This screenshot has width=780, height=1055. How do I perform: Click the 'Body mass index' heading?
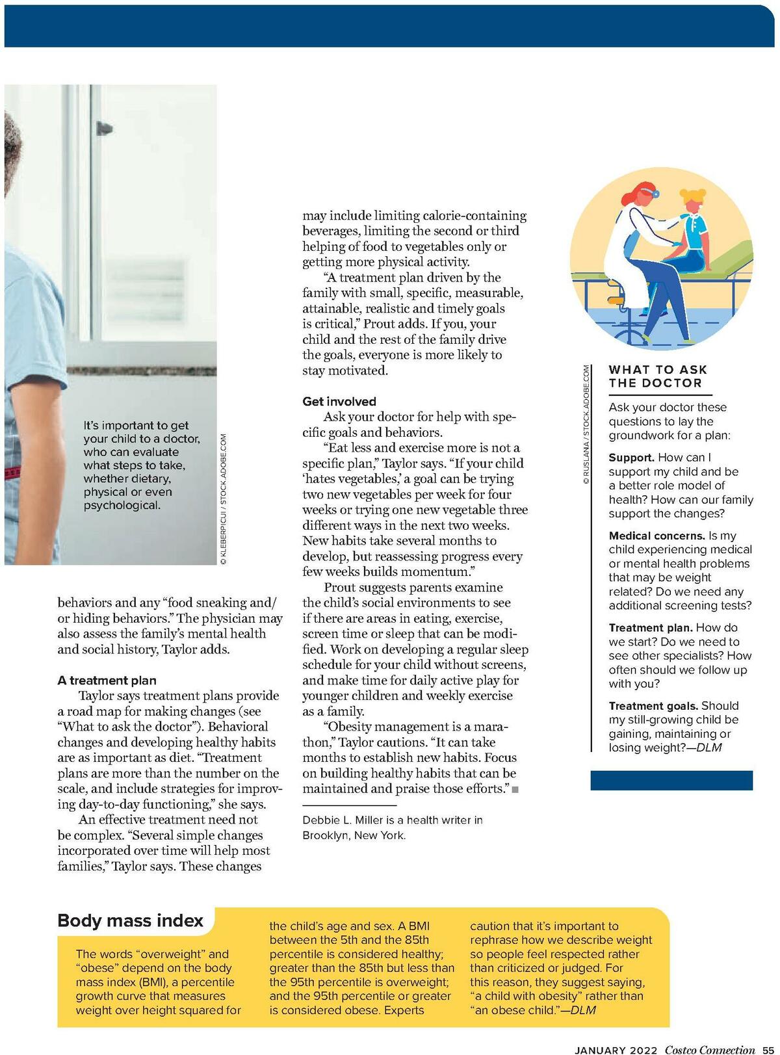click(x=130, y=920)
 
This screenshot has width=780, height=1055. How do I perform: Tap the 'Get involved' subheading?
click(x=339, y=402)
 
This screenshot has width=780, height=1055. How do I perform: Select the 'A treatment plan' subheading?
click(x=107, y=681)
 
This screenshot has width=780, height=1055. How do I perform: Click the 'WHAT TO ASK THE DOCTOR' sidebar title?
click(x=657, y=376)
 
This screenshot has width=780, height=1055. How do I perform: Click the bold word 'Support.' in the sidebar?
click(x=631, y=458)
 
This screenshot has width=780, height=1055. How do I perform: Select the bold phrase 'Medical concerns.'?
click(x=656, y=536)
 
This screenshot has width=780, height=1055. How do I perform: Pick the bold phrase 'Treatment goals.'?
click(x=653, y=706)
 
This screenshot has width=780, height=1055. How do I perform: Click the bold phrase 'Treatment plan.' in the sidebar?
click(x=651, y=628)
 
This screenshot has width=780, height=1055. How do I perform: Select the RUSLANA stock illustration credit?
click(x=586, y=425)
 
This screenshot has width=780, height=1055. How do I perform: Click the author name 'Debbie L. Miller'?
click(x=343, y=820)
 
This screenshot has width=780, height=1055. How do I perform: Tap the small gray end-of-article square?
click(x=515, y=790)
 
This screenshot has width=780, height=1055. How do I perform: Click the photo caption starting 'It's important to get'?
click(x=142, y=465)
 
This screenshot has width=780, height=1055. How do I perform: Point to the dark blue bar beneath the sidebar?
click(x=671, y=780)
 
